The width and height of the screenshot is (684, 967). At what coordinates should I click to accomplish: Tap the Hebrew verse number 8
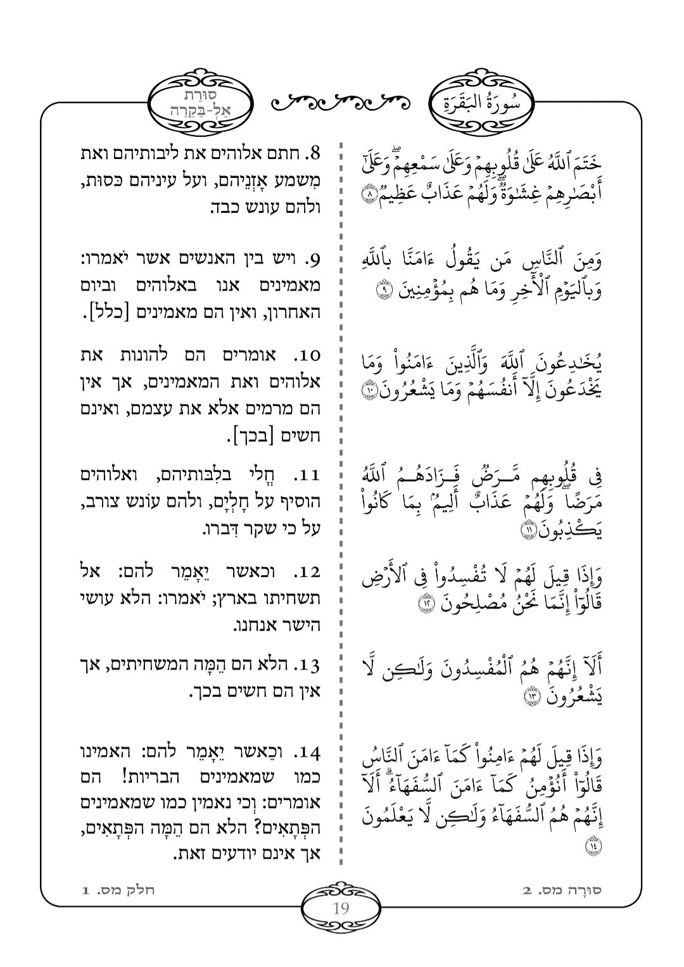[314, 153]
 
